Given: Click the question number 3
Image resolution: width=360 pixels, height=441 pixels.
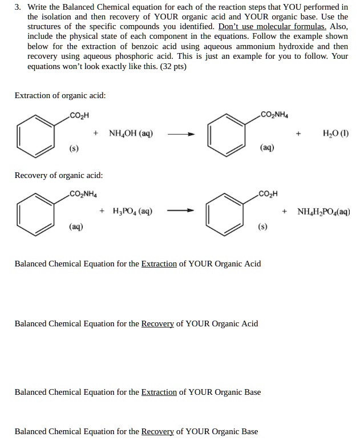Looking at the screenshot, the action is [x=18, y=7].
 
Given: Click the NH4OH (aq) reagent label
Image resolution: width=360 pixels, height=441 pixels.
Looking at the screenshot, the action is [x=130, y=135].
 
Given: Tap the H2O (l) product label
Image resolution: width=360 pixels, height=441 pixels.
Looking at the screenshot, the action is [x=335, y=135].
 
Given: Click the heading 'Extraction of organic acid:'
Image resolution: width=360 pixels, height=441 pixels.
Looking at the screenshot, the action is [x=60, y=95].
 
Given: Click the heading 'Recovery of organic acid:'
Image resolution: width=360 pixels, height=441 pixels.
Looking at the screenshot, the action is [x=59, y=175].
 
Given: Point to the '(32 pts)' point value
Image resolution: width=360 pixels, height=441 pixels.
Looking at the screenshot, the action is [x=171, y=66].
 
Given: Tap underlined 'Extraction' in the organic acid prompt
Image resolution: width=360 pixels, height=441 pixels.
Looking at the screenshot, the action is [x=159, y=264].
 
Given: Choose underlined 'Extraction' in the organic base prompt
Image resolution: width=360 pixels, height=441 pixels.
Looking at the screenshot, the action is [x=159, y=392].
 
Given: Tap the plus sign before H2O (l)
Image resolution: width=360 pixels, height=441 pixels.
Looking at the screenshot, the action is [x=298, y=135].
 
